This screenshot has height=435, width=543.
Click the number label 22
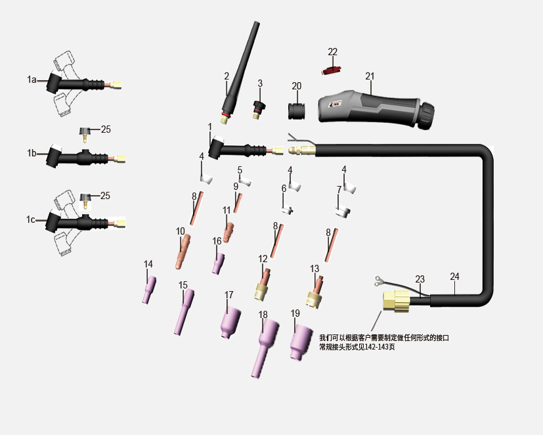(333, 52)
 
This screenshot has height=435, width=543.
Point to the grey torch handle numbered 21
(371, 107)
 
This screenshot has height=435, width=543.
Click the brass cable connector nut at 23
(397, 302)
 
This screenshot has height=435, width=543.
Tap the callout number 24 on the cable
(454, 277)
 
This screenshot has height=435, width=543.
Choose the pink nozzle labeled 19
(300, 342)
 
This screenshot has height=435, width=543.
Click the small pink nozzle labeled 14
(149, 289)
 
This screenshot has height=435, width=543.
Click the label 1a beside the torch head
(32, 80)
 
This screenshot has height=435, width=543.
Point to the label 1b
(32, 153)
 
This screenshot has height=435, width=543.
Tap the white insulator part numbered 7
(343, 212)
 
